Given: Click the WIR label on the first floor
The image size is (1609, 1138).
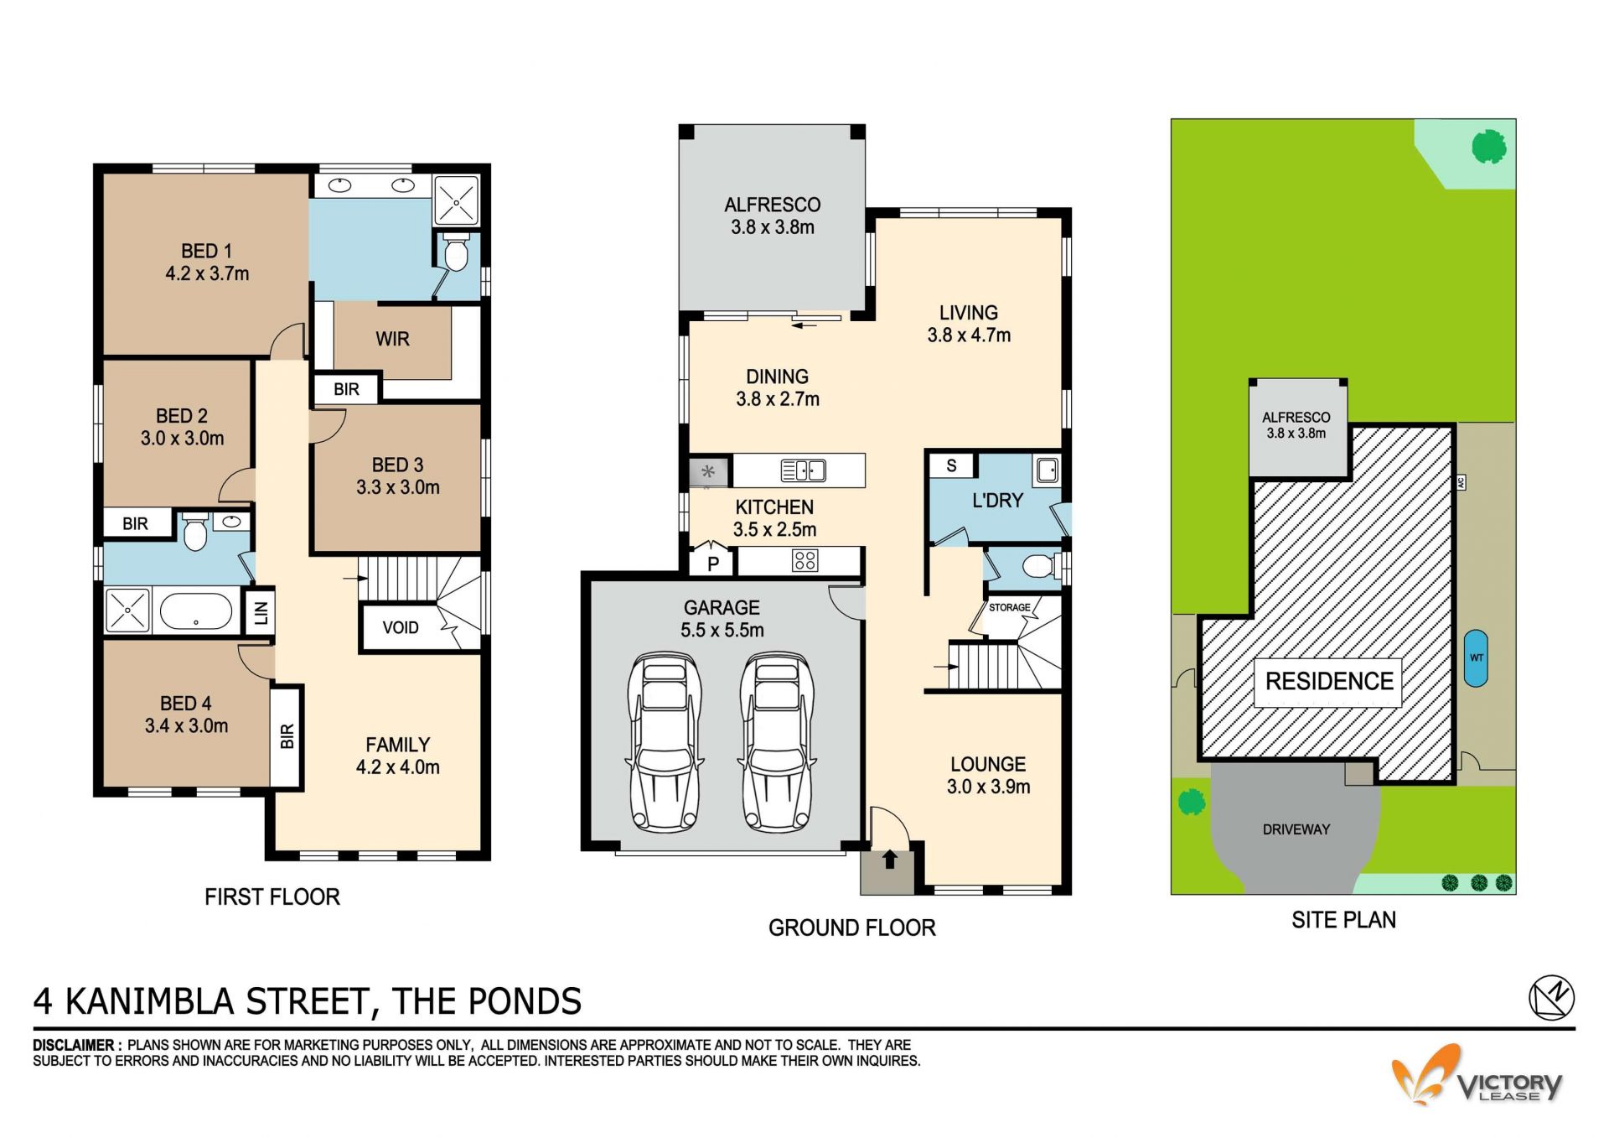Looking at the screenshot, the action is (392, 339).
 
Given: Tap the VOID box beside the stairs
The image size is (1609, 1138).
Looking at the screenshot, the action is (401, 627).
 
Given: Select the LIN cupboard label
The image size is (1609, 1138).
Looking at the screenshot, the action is (261, 613).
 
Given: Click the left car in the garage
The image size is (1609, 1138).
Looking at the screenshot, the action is (665, 742).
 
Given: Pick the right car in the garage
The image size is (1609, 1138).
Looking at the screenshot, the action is (777, 742).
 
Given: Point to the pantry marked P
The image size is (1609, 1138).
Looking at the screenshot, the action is (712, 563).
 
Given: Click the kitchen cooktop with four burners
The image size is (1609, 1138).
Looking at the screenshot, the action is (804, 560).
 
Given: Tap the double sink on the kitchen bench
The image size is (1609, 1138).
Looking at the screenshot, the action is (803, 470).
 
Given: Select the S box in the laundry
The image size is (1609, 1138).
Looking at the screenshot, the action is (951, 465).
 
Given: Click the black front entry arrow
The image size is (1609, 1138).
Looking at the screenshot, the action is (890, 860).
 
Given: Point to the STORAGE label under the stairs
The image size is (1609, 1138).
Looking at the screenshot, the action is (1009, 607).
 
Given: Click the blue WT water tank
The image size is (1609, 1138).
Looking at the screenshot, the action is (1476, 658).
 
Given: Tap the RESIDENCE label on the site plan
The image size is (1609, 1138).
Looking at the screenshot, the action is (1329, 681).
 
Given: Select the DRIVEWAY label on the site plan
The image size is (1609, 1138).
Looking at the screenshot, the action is (1296, 829).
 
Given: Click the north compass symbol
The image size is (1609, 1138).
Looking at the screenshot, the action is (1551, 998).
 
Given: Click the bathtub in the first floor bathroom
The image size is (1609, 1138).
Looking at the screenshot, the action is (196, 611).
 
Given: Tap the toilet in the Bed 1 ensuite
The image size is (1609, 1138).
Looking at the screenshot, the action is (456, 252).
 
